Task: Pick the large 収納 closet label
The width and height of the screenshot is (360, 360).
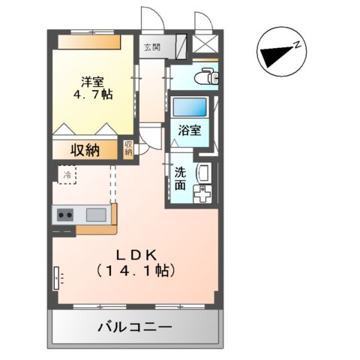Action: (85, 149)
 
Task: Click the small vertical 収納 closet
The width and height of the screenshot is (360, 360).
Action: (128, 148)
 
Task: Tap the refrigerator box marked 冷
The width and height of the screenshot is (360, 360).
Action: (67, 175)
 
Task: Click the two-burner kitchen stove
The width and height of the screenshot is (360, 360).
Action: (64, 215)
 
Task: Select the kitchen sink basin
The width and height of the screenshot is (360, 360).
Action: (96, 215)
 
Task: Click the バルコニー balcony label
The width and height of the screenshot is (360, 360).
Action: (135, 327)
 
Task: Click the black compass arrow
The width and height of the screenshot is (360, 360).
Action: (274, 54)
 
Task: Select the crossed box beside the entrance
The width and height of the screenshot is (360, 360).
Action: (204, 42)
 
